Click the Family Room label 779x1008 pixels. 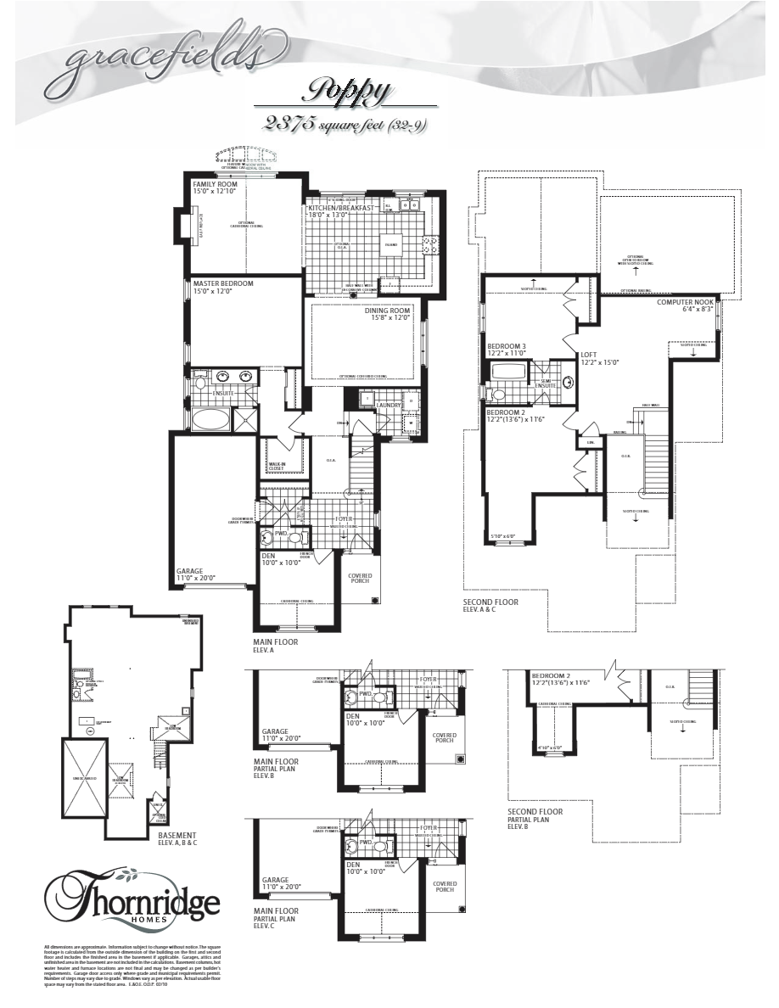(215, 184)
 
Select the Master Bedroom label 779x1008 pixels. (222, 283)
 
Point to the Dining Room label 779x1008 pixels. (388, 311)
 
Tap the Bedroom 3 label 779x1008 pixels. (507, 346)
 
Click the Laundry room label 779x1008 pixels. (389, 406)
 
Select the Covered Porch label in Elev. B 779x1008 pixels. (444, 739)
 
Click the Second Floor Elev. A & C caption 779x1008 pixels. (490, 606)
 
